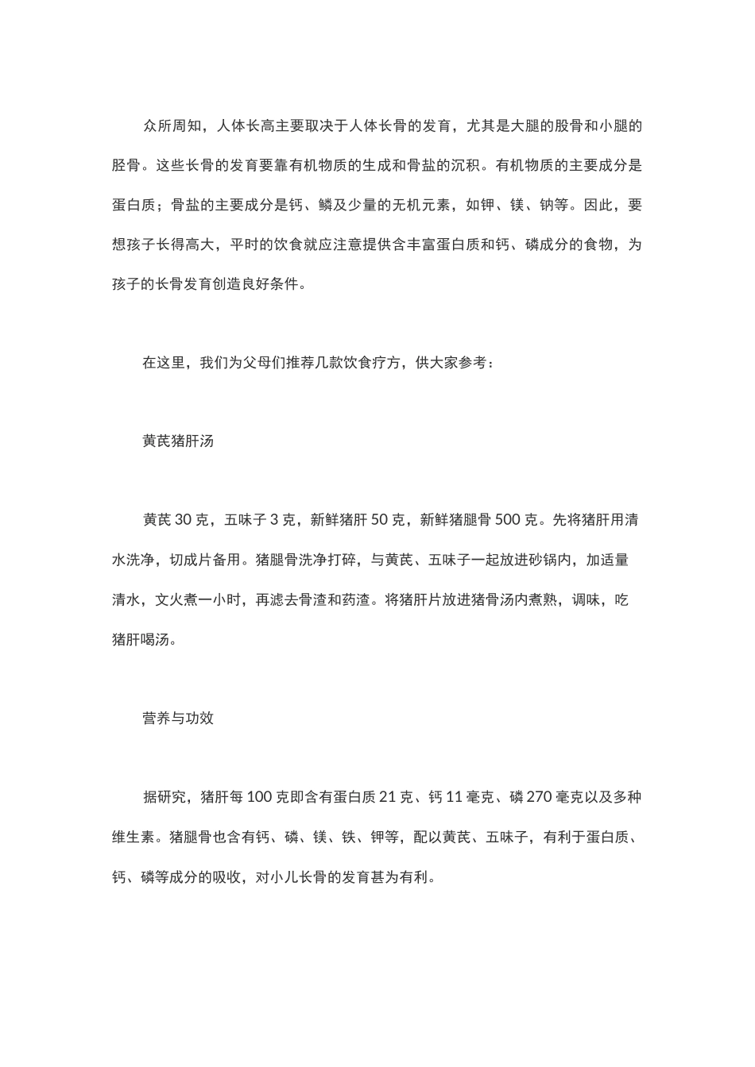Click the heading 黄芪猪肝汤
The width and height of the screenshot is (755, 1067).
178,441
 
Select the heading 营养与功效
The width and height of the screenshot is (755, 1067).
178,718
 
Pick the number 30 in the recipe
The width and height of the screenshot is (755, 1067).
184,521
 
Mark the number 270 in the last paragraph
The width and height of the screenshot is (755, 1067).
539,797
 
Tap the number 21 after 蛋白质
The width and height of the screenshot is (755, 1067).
389,797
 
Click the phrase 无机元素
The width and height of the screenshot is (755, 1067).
420,206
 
